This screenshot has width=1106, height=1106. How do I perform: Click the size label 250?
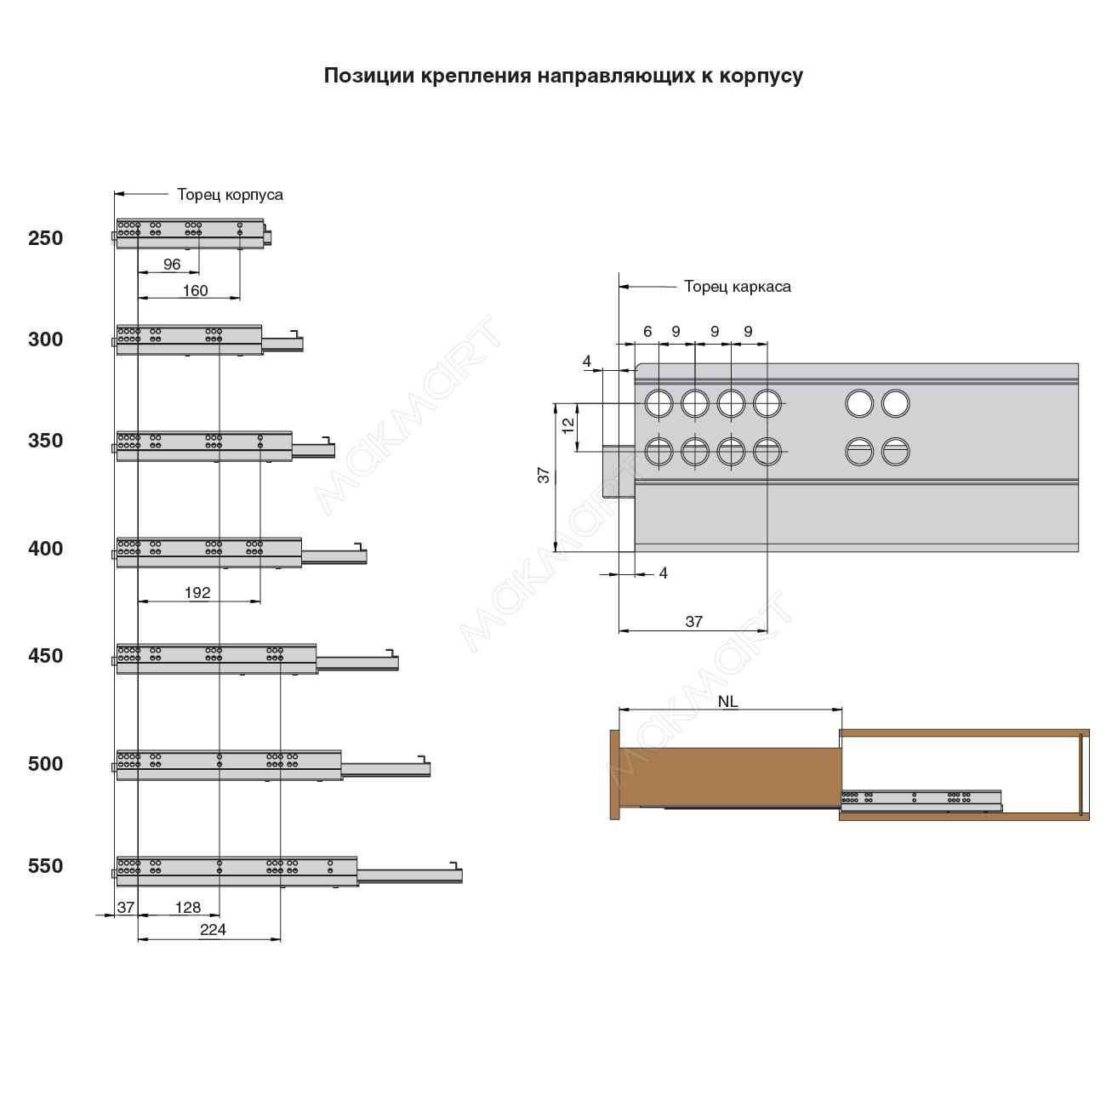(x=46, y=238)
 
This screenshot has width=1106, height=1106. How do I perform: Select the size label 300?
(x=46, y=339)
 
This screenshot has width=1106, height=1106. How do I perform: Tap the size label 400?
(x=46, y=549)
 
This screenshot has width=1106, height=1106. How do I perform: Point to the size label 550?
(x=46, y=866)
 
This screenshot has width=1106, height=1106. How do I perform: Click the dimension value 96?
(x=172, y=265)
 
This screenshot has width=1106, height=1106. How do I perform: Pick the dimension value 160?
(x=195, y=290)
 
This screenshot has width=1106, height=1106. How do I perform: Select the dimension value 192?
(x=197, y=592)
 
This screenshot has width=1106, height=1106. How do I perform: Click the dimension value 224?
(x=213, y=930)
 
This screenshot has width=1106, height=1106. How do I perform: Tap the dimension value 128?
(x=188, y=908)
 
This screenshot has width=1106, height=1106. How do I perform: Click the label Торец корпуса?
(x=230, y=195)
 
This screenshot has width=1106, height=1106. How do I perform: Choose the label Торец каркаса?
(x=737, y=287)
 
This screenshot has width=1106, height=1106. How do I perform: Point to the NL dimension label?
(x=728, y=702)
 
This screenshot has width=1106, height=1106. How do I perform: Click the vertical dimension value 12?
(x=568, y=423)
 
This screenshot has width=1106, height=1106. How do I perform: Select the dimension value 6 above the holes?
(x=647, y=331)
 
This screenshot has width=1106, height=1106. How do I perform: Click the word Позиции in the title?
(x=368, y=76)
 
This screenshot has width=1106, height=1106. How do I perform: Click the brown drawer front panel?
(x=615, y=774)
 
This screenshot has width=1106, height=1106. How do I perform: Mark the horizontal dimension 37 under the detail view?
(x=694, y=622)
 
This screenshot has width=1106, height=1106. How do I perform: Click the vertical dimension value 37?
(x=544, y=475)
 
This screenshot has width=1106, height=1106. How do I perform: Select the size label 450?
(x=46, y=656)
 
